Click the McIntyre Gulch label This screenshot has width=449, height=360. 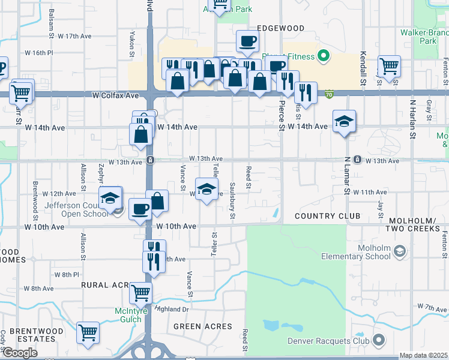click(x=137, y=315)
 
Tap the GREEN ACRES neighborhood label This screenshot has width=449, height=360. click(x=203, y=326)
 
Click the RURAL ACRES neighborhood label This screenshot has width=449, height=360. click(x=106, y=284)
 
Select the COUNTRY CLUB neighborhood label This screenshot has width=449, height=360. click(x=327, y=215)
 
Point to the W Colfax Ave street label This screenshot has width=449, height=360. click(x=116, y=95)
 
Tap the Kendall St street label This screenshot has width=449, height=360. click(x=363, y=64)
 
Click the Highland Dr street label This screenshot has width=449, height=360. click(x=172, y=309)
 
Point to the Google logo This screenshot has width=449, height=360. click(x=19, y=353)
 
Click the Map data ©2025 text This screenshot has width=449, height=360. click(x=423, y=356)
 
